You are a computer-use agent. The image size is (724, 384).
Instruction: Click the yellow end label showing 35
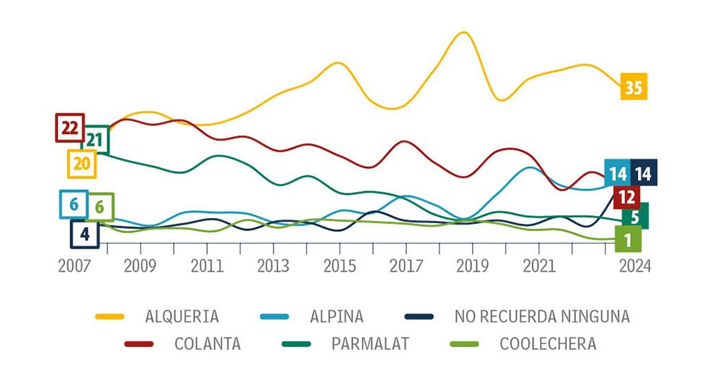[633, 88]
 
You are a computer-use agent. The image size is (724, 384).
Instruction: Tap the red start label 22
[70, 128]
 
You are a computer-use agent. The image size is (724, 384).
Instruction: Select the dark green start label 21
[96, 140]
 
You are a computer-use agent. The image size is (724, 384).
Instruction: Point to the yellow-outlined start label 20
[81, 164]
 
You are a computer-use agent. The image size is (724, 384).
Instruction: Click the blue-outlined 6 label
[73, 204]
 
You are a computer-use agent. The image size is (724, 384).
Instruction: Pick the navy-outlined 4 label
[85, 234]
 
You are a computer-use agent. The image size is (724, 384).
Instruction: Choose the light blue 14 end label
[618, 173]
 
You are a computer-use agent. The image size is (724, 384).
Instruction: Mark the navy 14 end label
[644, 173]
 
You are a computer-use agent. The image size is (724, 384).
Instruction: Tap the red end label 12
[626, 196]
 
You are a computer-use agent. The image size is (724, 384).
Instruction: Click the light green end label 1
[628, 238]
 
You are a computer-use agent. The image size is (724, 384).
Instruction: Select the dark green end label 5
[635, 216]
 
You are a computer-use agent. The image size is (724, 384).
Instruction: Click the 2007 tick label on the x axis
[75, 265]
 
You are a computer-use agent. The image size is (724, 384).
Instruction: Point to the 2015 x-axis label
[339, 265]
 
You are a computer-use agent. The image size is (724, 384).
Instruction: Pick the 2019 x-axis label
[471, 265]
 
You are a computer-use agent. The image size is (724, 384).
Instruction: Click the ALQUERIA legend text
[181, 317]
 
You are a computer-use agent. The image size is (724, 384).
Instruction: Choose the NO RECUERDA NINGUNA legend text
[542, 317]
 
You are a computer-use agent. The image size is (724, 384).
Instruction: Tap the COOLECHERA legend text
[548, 344]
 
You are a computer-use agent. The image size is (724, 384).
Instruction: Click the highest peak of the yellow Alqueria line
[462, 33]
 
